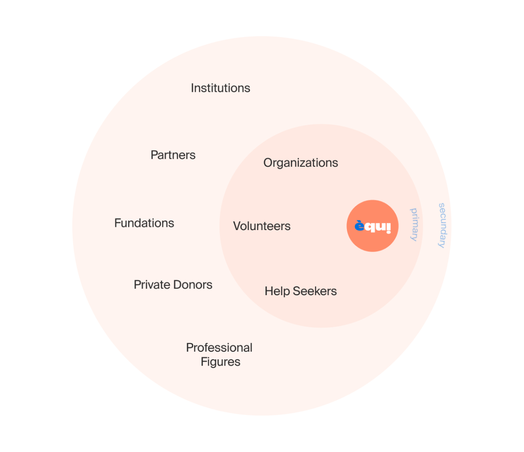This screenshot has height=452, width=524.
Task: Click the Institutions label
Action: (220, 88)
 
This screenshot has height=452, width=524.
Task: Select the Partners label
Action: (173, 155)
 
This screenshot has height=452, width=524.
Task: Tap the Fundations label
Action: (144, 223)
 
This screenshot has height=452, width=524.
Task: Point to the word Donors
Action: (192, 285)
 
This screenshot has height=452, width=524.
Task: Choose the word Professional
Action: (219, 348)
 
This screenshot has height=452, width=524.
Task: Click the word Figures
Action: (220, 362)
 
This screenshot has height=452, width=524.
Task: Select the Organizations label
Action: (300, 163)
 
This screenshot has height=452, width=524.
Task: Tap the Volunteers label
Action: (262, 226)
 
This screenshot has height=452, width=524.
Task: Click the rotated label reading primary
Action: (413, 224)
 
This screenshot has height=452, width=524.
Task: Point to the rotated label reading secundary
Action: (442, 225)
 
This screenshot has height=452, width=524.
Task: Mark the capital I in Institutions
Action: (192, 88)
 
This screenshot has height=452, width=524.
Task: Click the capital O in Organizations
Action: (268, 163)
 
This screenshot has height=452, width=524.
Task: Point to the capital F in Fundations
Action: (117, 223)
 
